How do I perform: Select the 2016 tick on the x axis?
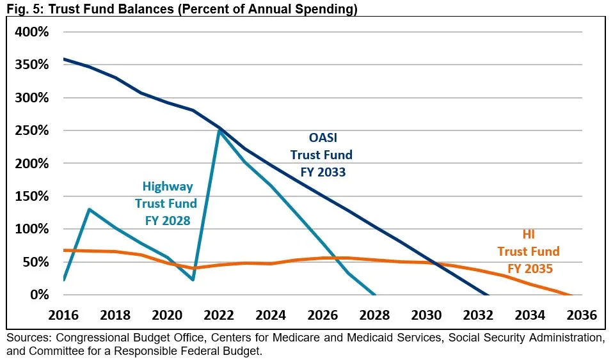[x=63, y=315]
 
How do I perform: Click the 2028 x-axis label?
[x=374, y=315]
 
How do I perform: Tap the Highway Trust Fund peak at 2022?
[x=219, y=130]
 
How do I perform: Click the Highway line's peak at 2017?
[x=89, y=209]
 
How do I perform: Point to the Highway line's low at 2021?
[x=193, y=280]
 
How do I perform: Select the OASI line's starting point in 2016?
[x=63, y=59]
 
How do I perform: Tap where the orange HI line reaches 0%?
[x=569, y=295]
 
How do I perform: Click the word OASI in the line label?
[x=322, y=137]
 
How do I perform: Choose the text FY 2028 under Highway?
[x=166, y=221]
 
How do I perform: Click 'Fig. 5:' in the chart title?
[x=21, y=8]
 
